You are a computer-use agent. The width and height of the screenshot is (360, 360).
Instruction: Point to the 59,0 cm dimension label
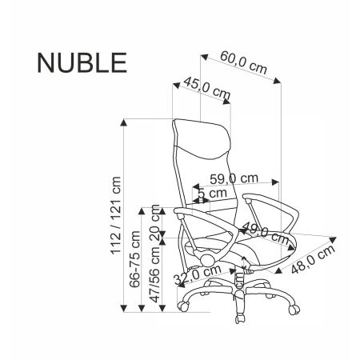(234, 179)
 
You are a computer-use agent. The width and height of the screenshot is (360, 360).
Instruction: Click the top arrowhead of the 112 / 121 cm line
(125, 122)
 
